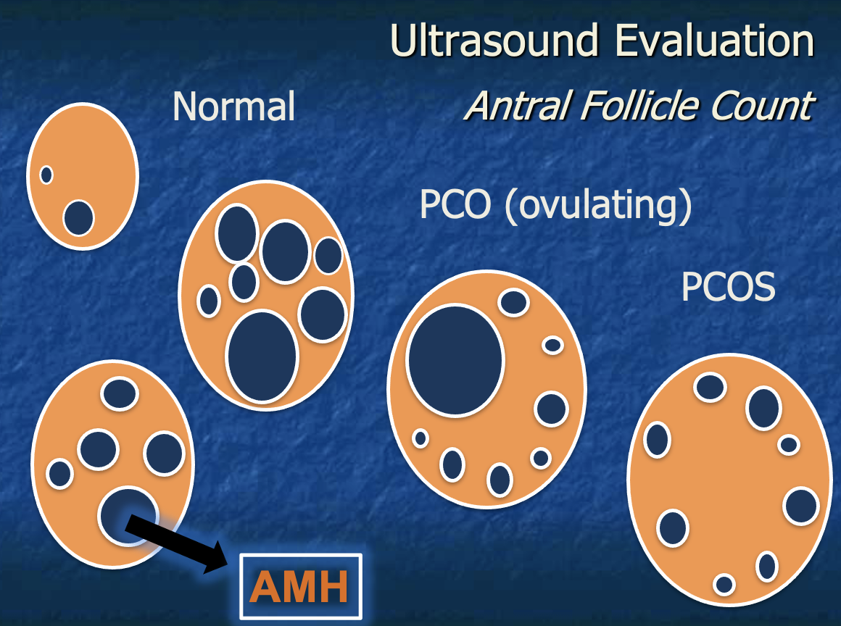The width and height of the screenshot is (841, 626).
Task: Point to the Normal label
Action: [x=233, y=107]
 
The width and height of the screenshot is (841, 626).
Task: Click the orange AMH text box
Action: [x=299, y=587]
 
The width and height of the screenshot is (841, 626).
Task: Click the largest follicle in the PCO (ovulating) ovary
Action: [x=455, y=360]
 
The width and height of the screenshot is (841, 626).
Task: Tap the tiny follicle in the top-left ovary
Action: [x=46, y=175]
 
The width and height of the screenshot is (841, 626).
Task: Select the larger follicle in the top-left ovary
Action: [x=78, y=218]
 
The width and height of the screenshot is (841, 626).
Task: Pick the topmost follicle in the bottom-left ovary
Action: [x=120, y=393]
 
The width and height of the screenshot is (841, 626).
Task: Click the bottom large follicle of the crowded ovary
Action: [x=262, y=356]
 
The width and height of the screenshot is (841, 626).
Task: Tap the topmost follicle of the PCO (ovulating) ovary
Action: [x=514, y=302]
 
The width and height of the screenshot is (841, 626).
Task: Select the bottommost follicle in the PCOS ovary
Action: [x=724, y=584]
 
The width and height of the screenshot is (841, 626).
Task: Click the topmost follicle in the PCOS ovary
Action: [x=710, y=387]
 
